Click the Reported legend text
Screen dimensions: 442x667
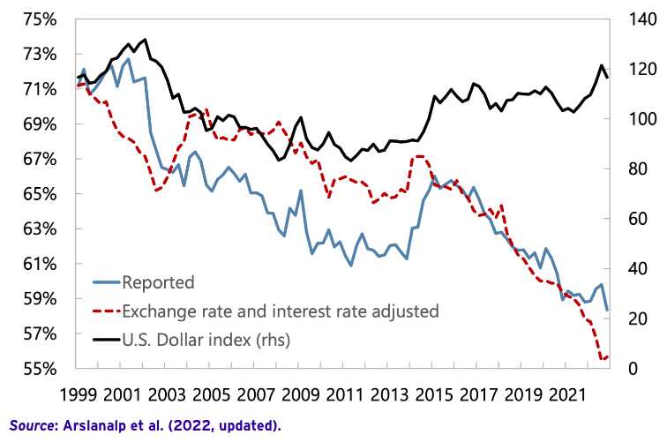tap(158, 283)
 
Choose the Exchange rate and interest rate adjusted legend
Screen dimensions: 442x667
tap(281, 311)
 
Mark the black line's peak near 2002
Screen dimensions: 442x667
tap(146, 39)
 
